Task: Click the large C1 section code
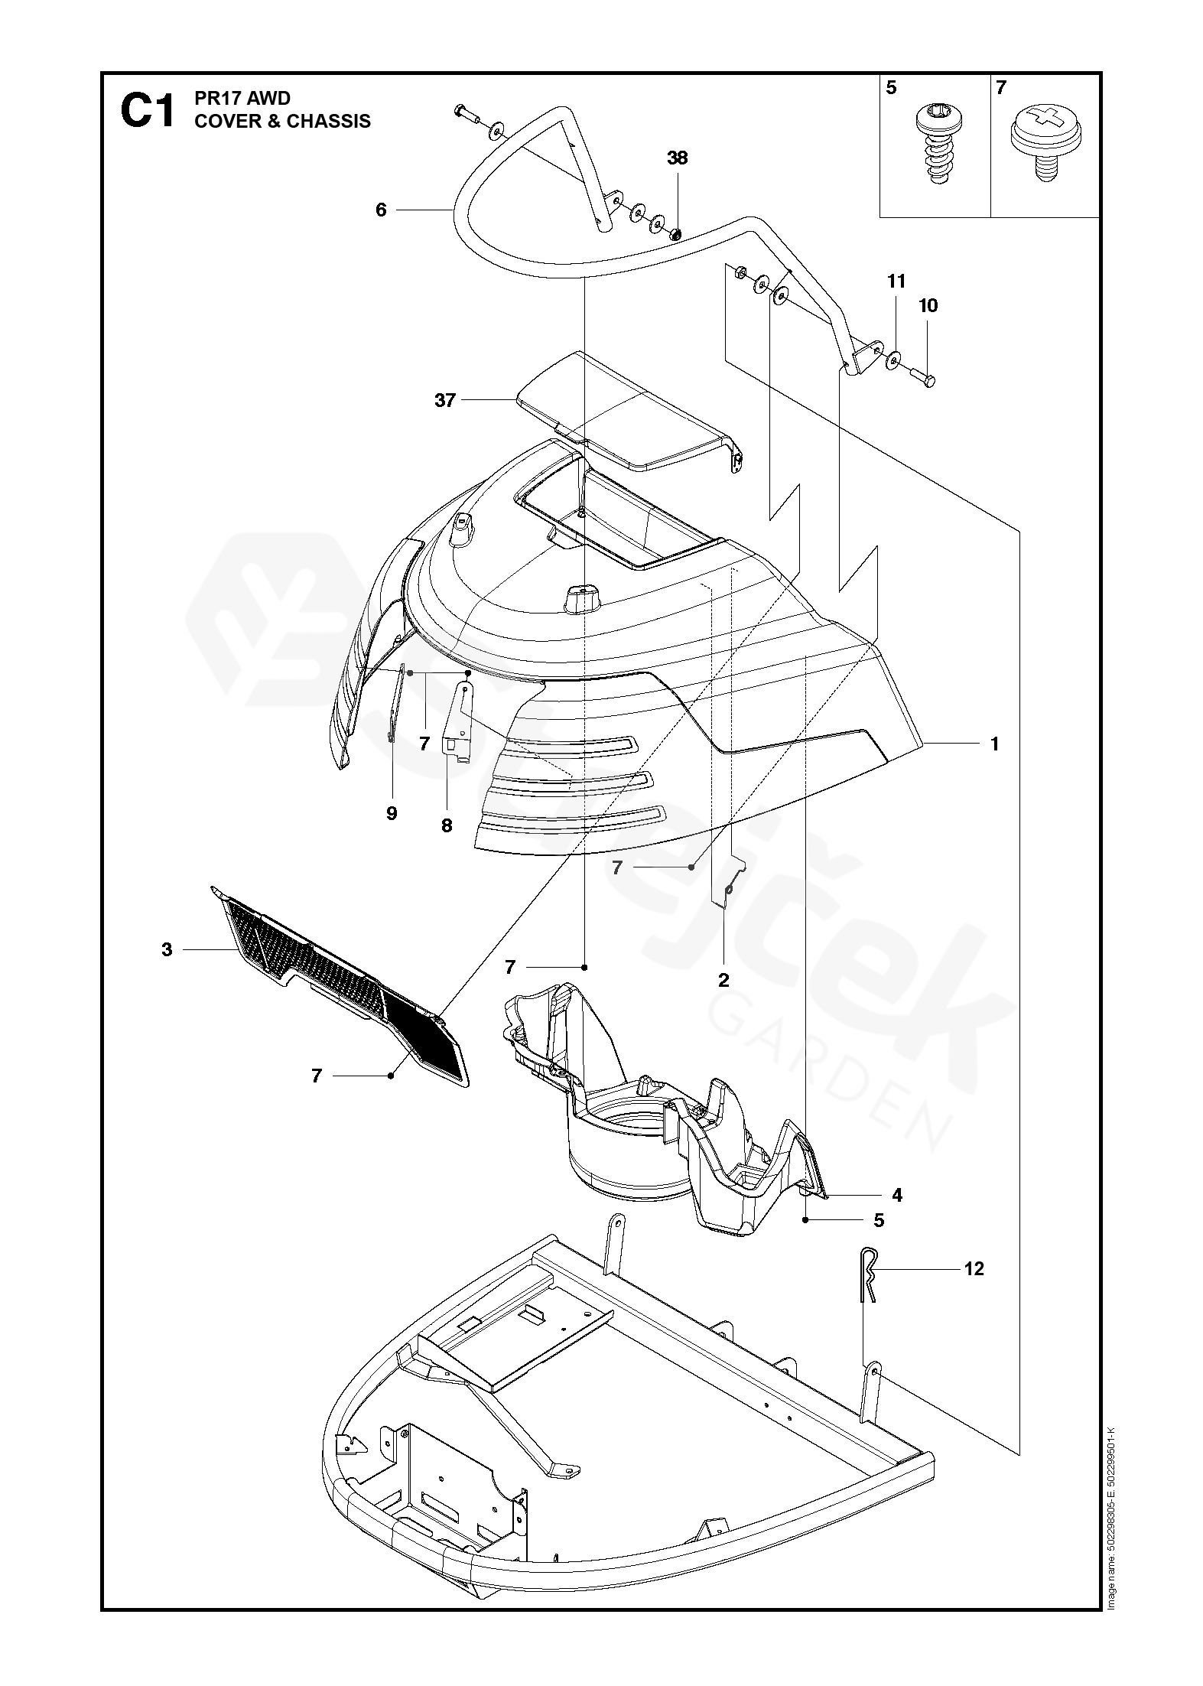pyautogui.click(x=147, y=112)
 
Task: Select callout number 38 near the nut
pyautogui.click(x=677, y=158)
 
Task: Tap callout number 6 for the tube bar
pyautogui.click(x=381, y=210)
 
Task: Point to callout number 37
pyautogui.click(x=444, y=400)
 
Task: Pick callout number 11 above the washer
pyautogui.click(x=896, y=282)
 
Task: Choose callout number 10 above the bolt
pyautogui.click(x=928, y=306)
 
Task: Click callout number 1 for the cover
pyautogui.click(x=994, y=744)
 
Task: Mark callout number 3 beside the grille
pyautogui.click(x=167, y=949)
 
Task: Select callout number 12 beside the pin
pyautogui.click(x=974, y=1269)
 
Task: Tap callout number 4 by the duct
pyautogui.click(x=897, y=1195)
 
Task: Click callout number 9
pyautogui.click(x=392, y=813)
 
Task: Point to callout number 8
pyautogui.click(x=447, y=826)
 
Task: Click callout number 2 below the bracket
pyautogui.click(x=723, y=980)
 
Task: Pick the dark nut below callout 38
pyautogui.click(x=676, y=233)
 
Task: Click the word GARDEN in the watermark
pyautogui.click(x=830, y=1071)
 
